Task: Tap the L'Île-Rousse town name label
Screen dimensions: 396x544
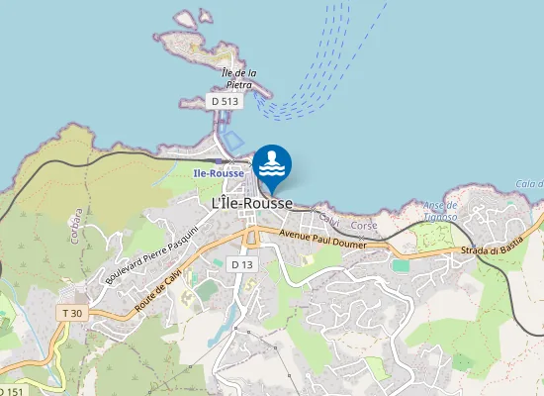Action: (x=252, y=202)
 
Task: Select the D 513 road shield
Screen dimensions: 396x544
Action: (x=225, y=101)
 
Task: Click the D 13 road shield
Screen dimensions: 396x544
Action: (x=242, y=264)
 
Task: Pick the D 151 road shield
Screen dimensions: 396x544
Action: (x=8, y=391)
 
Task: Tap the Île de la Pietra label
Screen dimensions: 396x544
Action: (x=239, y=78)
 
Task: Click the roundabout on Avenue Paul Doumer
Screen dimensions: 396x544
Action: (x=251, y=238)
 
